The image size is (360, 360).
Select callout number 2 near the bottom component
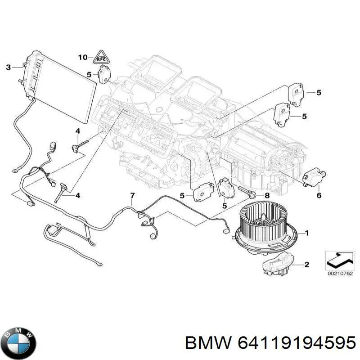click(307, 264)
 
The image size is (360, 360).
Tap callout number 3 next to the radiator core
click(8, 67)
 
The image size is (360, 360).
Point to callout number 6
click(319, 195)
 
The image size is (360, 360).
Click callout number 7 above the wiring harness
click(132, 195)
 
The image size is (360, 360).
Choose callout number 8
click(267, 195)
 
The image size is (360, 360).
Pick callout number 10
click(82, 57)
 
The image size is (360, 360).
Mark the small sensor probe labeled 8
click(247, 193)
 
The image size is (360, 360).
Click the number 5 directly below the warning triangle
click(89, 74)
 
